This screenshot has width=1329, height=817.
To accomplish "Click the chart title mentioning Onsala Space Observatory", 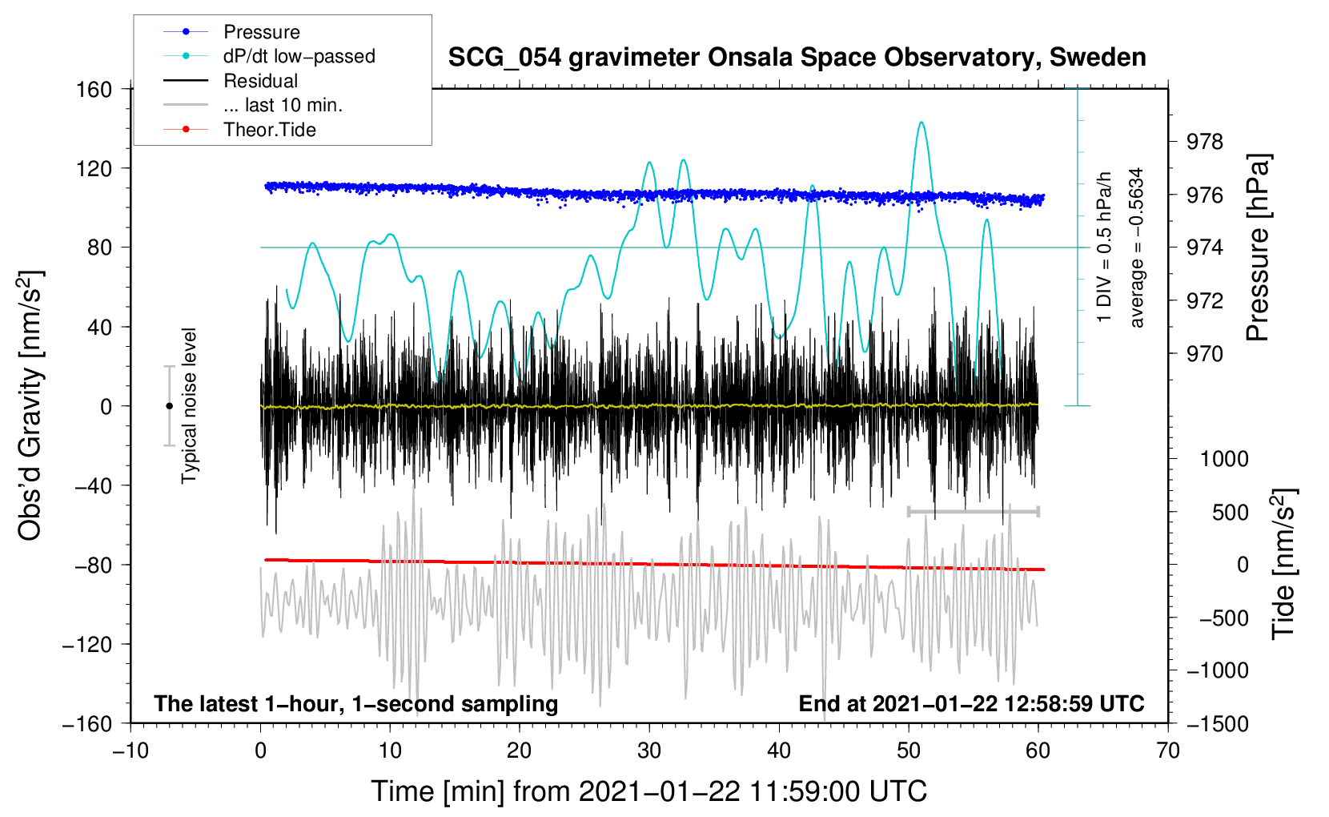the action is pos(797,58).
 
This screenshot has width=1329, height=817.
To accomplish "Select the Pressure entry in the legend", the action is pos(262,31).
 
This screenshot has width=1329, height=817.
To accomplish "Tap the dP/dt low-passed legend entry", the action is pos(299,56).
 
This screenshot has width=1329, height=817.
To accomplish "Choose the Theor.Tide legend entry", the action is pos(269,130).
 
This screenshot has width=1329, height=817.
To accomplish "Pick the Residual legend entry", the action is pos(260,81).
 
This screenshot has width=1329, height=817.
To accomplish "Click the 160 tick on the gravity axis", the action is pos(94,90).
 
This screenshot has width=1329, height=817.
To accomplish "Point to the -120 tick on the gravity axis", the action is pos(87,644).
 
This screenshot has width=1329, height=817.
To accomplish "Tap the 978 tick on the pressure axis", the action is pos(1204,142).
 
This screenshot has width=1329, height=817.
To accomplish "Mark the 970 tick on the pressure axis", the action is pos(1204,355).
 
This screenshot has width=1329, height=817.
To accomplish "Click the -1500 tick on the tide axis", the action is pos(1217,724).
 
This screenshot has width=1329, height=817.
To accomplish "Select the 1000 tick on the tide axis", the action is pos(1225,459).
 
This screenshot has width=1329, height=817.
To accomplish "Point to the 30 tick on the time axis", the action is pos(649,751).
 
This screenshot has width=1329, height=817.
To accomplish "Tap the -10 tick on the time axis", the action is pos(130,751).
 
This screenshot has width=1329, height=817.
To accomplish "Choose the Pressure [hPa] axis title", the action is pos(1258,248).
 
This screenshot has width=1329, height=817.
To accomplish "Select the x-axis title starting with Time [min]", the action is pos(649,792).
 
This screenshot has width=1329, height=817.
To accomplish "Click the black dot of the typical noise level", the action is pos(169,406).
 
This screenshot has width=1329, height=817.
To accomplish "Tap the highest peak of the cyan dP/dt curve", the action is pos(921,123).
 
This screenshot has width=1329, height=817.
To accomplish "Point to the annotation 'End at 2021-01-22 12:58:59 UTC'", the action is pos(971,703).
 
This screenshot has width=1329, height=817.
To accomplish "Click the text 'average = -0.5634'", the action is pos(1136,248).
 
